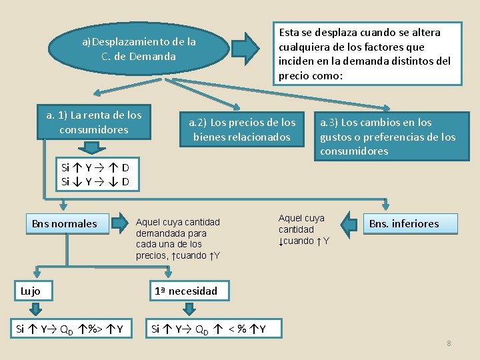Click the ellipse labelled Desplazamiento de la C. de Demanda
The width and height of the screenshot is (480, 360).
pyautogui.click(x=139, y=49)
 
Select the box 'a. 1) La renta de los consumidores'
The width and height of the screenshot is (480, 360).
pyautogui.click(x=94, y=123)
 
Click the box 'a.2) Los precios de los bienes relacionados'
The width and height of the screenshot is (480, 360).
pyautogui.click(x=242, y=129)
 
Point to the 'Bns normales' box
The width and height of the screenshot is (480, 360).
pyautogui.click(x=65, y=224)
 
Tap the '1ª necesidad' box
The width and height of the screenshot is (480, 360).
pyautogui.click(x=186, y=291)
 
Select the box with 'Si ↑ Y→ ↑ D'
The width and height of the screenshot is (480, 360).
pyautogui.click(x=96, y=175)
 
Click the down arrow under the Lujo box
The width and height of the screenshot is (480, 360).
pyautogui.click(x=35, y=309)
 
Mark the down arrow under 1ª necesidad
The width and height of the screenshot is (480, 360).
pyautogui.click(x=189, y=309)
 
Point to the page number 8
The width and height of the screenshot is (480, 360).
pyautogui.click(x=449, y=343)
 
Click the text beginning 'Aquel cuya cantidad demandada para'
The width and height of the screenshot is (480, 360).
pyautogui.click(x=178, y=239)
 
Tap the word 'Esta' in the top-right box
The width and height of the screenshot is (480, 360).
pyautogui.click(x=289, y=32)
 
